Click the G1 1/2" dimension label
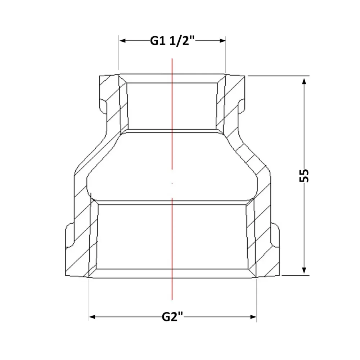172,41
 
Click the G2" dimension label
172,317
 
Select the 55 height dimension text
304,175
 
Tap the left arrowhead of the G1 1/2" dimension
123,41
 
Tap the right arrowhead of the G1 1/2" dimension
222,41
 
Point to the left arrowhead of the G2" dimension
92,317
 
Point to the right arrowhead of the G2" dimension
253,317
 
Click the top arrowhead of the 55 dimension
304,81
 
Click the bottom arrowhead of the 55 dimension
304,270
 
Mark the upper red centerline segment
172,114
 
